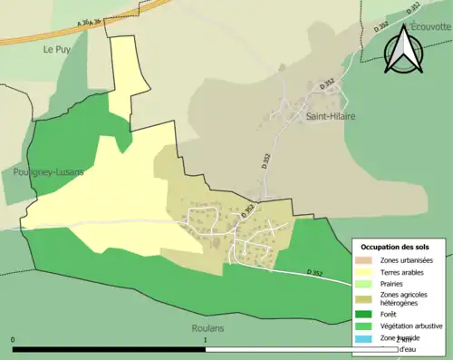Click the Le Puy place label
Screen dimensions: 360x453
click(56, 51)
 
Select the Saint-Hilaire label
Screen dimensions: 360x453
click(330, 117)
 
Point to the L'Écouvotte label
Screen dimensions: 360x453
click(429, 25)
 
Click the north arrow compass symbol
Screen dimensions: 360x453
click(402, 49)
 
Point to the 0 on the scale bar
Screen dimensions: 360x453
click(14, 340)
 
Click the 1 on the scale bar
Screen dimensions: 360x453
click(207, 340)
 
